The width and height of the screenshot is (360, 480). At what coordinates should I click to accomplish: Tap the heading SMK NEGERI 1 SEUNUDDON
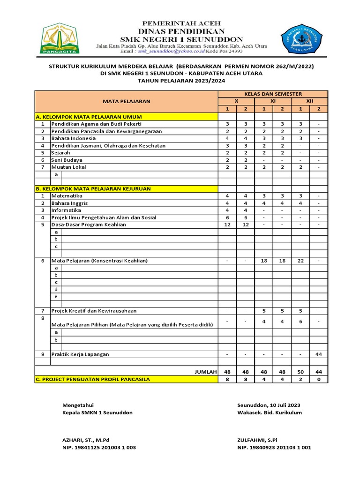tap(181, 39)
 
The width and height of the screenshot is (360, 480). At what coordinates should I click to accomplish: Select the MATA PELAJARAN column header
tap(127, 101)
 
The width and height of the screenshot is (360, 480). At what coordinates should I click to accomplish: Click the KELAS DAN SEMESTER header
tap(273, 94)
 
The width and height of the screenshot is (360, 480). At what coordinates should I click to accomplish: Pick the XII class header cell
tap(309, 101)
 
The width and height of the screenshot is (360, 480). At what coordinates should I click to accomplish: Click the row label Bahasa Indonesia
tap(74, 138)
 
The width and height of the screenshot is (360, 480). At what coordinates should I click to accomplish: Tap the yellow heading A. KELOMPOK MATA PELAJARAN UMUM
tap(89, 117)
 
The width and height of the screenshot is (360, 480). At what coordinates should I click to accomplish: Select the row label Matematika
tap(67, 195)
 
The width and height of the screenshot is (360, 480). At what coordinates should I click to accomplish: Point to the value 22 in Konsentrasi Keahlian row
tap(300, 260)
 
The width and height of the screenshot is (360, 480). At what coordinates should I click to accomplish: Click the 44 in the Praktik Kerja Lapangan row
tap(319, 354)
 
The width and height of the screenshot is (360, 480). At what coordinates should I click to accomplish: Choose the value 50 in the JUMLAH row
tap(300, 372)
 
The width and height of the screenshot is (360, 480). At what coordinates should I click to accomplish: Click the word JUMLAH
tap(206, 372)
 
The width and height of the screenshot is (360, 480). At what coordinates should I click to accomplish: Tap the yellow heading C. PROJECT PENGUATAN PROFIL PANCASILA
tap(93, 379)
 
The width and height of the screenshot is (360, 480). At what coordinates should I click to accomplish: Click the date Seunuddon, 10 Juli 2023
tap(269, 405)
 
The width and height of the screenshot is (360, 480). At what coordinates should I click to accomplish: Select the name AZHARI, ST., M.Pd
tap(86, 440)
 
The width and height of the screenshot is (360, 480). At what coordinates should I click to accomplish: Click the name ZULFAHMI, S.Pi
tap(257, 440)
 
